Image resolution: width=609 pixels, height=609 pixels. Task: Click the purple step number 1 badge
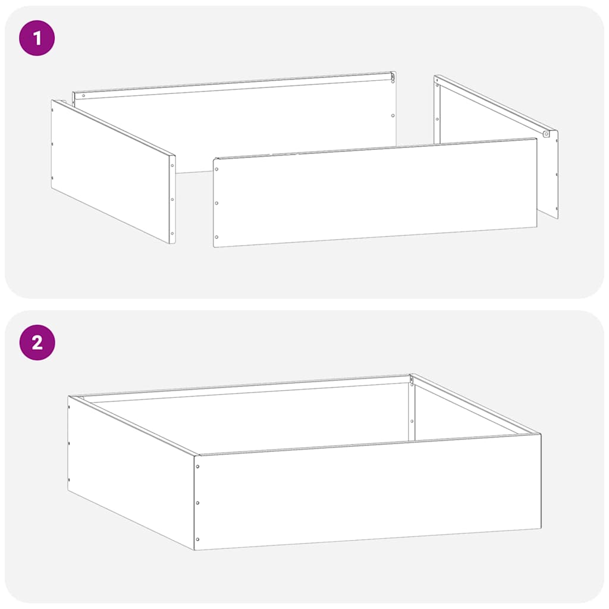(x=37, y=39)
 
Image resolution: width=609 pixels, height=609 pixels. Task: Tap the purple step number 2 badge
(x=37, y=343)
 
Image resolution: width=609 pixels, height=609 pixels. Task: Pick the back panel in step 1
(x=238, y=119)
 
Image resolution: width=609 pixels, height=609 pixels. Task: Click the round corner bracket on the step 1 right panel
(x=545, y=134)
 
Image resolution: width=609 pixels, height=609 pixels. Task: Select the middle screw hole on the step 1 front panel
(x=216, y=203)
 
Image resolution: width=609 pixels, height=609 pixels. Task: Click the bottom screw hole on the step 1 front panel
(x=216, y=237)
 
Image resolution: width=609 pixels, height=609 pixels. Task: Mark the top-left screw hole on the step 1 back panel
(x=83, y=96)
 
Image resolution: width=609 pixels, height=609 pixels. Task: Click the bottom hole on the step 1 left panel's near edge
(x=172, y=233)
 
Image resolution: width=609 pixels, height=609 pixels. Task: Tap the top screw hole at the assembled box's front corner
(x=197, y=466)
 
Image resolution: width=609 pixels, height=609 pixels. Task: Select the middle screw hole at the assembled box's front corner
(x=197, y=503)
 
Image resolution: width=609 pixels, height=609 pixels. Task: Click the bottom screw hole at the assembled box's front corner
(x=197, y=539)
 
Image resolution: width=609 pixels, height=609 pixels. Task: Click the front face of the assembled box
(x=369, y=494)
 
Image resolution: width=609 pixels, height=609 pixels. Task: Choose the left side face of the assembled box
(x=131, y=470)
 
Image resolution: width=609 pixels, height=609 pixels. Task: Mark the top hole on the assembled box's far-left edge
(x=69, y=407)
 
